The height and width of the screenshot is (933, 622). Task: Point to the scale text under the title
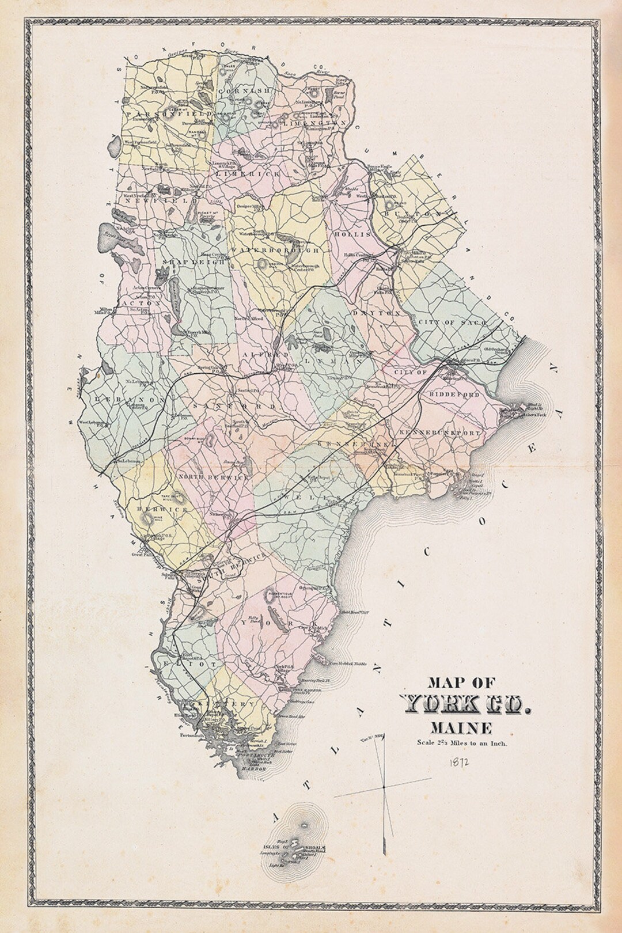tap(462, 744)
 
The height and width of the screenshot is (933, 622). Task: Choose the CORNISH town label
tap(247, 92)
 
